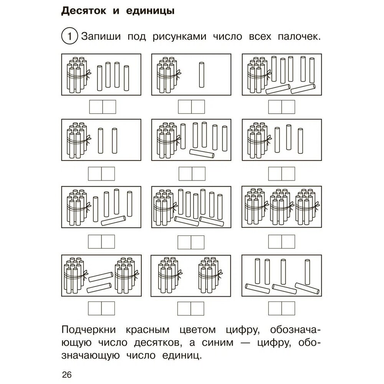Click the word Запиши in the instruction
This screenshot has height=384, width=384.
point(99,37)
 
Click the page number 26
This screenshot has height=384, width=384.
point(66,374)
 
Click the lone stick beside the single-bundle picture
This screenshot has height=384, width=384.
point(201,75)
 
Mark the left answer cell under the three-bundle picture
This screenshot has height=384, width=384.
point(275,242)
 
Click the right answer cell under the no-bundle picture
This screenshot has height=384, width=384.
point(289,308)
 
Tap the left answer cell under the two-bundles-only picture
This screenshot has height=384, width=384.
point(185,308)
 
